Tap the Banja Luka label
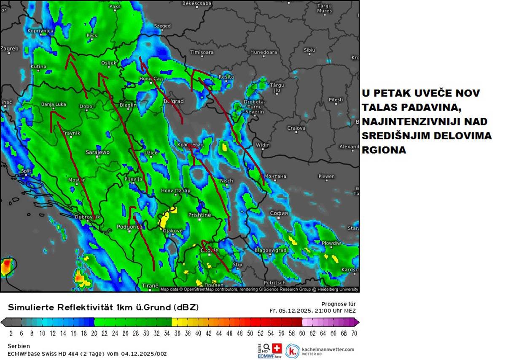coord(53,104)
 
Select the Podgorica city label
coord(129,227)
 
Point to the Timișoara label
coord(202,52)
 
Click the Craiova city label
coord(296,128)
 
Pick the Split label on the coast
coord(26,171)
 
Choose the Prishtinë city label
coord(199,215)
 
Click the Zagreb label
coord(9,49)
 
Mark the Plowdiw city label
coord(331,244)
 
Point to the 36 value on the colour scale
coord(177,333)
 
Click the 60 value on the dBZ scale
coord(302,333)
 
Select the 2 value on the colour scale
coord(11,333)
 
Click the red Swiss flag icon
coord(277,348)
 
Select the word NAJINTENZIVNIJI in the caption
coord(413,122)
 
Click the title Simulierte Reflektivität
coord(61,307)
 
